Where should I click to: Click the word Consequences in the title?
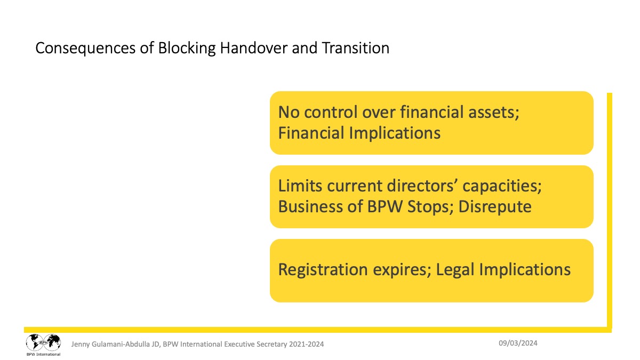[x=85, y=49]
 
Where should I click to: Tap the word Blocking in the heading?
[x=187, y=47]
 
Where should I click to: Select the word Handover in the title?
[x=254, y=47]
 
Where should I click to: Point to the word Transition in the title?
[x=356, y=47]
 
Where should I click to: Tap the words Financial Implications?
[x=359, y=133]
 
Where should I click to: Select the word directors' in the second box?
[x=422, y=186]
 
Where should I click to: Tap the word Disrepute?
[x=495, y=207]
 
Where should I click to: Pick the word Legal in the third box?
[x=455, y=270]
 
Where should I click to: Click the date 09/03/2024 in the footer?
[x=518, y=343]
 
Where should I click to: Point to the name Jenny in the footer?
[x=81, y=345]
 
